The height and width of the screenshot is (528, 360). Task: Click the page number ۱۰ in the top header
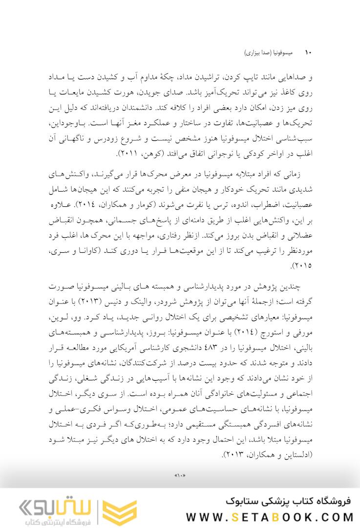click(x=308, y=52)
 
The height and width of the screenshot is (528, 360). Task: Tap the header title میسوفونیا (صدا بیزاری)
click(x=267, y=52)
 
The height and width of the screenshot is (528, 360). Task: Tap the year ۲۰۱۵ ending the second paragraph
click(x=302, y=266)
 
